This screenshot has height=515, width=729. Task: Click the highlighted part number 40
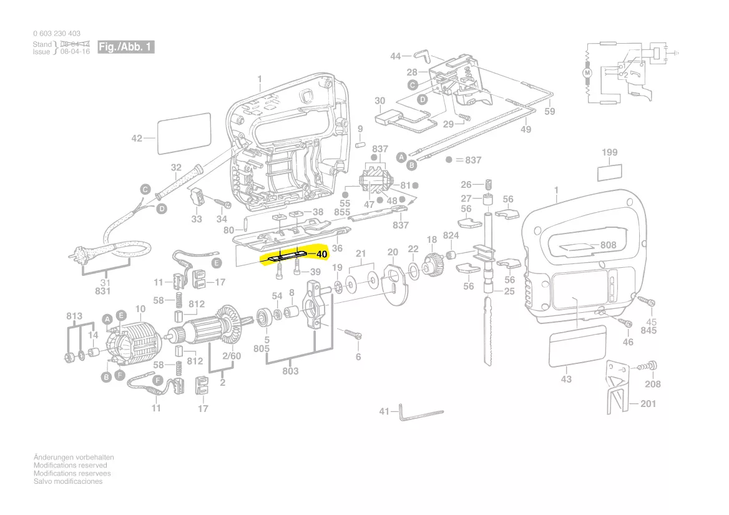point(321,255)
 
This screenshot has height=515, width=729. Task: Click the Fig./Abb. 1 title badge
point(125,47)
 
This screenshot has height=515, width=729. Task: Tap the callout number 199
point(610,152)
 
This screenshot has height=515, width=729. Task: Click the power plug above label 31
point(77,256)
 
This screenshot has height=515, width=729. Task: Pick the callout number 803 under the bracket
point(290,371)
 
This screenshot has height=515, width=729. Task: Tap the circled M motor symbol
point(587,73)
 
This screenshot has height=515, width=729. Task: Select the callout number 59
point(549,111)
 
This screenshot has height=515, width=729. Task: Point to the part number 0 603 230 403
point(56,34)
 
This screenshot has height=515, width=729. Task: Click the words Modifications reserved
point(70,466)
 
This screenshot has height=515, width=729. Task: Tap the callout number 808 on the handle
point(609,245)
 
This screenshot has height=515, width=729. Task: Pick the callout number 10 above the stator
point(140,309)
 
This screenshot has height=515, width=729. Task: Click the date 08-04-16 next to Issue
point(75,52)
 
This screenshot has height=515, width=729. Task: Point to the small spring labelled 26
point(489,185)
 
